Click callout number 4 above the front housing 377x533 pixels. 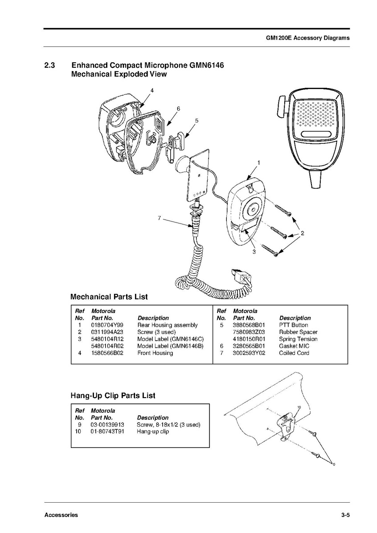[x=152, y=90]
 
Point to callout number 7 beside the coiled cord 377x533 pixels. [x=159, y=218]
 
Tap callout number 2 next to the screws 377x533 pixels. [x=302, y=233]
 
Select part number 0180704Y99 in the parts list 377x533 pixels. [x=107, y=325]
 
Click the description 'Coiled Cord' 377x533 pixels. [x=294, y=353]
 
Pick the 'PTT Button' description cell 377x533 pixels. [x=293, y=325]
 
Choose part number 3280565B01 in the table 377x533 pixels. [x=249, y=346]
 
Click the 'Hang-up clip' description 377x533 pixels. [x=153, y=431]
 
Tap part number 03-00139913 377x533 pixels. [x=107, y=425]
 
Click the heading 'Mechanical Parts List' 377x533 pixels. [x=109, y=297]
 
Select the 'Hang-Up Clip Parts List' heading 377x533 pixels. [x=113, y=395]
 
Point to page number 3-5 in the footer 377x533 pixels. [x=345, y=515]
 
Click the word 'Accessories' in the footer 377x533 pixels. [x=61, y=515]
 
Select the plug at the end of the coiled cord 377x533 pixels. [x=241, y=277]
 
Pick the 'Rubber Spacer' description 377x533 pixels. [x=298, y=332]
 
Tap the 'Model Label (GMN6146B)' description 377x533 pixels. [x=170, y=346]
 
